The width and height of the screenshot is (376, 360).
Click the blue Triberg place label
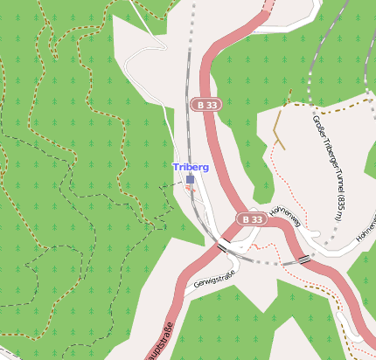click(x=191, y=166)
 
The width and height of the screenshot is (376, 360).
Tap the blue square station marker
click(x=191, y=179)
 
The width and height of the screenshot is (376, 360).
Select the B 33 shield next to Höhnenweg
click(x=252, y=218)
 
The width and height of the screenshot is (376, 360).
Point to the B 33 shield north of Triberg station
click(x=206, y=105)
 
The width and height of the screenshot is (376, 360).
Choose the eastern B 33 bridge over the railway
click(x=303, y=260)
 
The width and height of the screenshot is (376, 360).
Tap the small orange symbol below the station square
click(x=189, y=187)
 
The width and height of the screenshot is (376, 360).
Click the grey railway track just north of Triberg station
click(x=188, y=131)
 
